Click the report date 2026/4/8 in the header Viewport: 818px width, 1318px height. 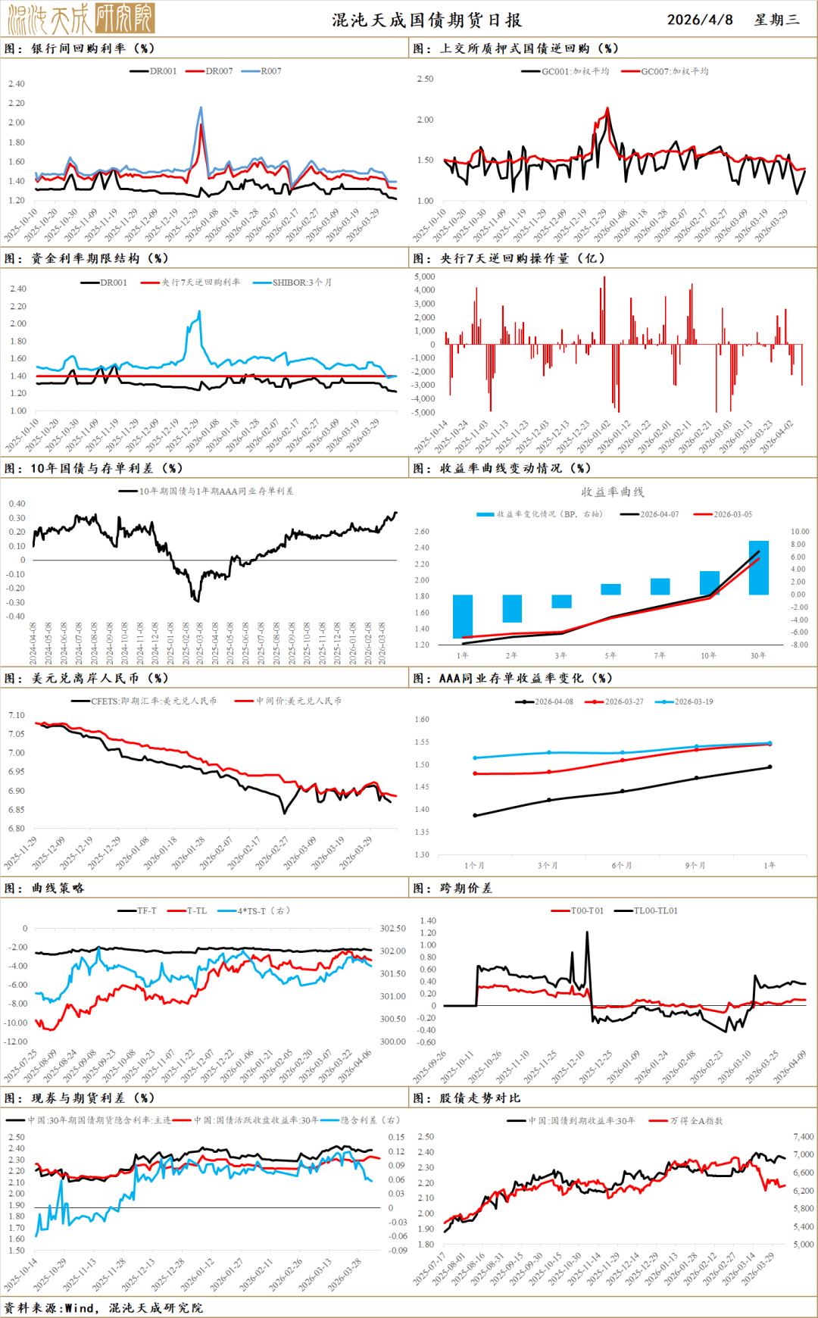(699, 20)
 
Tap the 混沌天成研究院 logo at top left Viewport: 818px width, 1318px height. (81, 18)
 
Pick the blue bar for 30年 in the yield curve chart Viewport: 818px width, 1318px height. (758, 567)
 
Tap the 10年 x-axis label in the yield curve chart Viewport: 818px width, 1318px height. (708, 656)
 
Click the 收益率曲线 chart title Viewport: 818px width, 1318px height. (612, 492)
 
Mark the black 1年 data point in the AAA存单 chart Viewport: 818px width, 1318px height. (770, 767)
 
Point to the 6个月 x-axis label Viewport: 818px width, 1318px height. (622, 865)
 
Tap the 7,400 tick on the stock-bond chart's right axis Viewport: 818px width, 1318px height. (803, 1137)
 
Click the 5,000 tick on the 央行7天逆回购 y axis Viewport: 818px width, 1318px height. (424, 277)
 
